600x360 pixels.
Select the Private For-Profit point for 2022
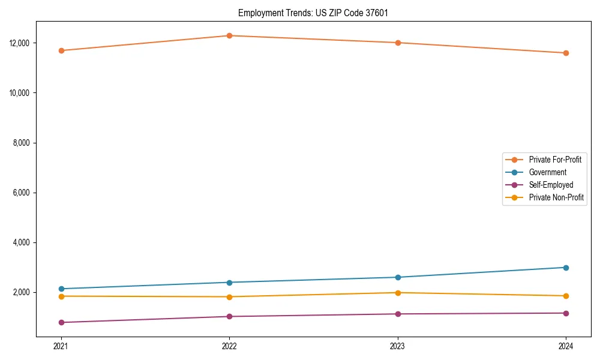[x=229, y=35]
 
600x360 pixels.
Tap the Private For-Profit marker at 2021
[x=61, y=50]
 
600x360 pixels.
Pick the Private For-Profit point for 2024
[x=566, y=53]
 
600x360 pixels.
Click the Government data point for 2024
[x=566, y=268]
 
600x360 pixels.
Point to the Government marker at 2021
[x=61, y=289]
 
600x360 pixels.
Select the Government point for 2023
[x=397, y=277]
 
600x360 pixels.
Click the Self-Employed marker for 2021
[x=61, y=322]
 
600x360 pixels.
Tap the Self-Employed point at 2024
[x=566, y=313]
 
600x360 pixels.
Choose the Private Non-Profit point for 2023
[x=397, y=293]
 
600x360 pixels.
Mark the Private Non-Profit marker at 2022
[x=229, y=297]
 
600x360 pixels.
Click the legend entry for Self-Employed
[x=551, y=185]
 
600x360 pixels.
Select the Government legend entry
[x=547, y=172]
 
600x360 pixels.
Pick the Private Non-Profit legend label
[x=556, y=197]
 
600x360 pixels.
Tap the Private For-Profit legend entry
[x=555, y=160]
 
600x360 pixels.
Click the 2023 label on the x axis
[x=397, y=346]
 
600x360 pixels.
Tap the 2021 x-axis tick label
[x=61, y=346]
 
